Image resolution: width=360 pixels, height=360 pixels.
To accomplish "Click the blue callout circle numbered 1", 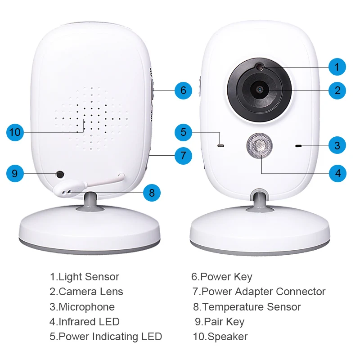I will point(337,67).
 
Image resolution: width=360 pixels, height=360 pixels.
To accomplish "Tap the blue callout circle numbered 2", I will point(337,90).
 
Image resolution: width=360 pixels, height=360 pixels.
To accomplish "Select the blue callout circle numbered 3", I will point(337,145).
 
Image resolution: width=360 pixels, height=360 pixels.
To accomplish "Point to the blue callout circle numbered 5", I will point(183,132).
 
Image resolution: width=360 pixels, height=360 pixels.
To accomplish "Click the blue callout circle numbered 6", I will point(183,90).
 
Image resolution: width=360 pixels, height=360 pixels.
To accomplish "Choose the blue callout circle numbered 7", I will point(183,156).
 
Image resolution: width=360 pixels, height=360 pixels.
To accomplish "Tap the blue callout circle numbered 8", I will point(152,193).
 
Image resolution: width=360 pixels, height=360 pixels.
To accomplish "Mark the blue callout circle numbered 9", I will point(15,173).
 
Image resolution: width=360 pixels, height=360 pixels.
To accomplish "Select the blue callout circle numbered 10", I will point(15,132).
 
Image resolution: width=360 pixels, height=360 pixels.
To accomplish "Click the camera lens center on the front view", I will point(260,89).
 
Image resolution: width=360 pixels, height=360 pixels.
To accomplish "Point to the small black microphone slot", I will point(298,146).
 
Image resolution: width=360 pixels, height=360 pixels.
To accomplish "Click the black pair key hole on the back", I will point(59,174).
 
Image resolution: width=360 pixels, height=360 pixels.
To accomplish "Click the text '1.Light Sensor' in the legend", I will point(84,277).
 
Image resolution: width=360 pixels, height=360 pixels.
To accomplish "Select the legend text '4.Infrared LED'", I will point(84,322).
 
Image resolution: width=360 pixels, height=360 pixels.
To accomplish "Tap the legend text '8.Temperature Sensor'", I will point(247,307).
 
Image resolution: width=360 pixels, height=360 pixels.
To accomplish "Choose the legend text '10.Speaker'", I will point(220,337).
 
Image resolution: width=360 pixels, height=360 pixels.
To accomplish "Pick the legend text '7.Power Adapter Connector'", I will point(259,292).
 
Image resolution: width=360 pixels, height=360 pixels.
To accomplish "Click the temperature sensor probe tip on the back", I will point(65,191).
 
